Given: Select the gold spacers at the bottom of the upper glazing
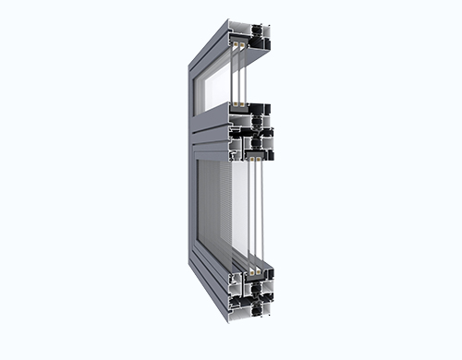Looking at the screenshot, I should tap(239, 106).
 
